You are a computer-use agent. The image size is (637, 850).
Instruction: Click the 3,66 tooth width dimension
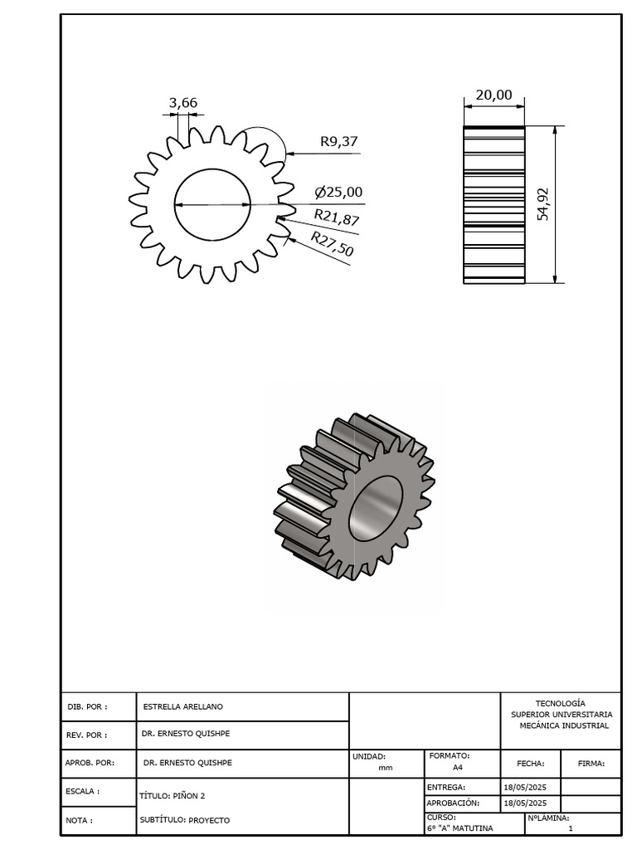pos(183,103)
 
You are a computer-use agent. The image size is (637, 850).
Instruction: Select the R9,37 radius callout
pos(338,141)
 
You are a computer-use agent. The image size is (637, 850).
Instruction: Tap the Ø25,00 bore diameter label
pos(338,193)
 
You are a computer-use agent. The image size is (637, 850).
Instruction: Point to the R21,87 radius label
pos(337,218)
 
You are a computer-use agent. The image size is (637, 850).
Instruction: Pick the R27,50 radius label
pos(332,245)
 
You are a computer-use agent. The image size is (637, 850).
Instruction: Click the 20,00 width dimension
pos(494,95)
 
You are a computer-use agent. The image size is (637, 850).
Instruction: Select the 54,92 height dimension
pos(543,204)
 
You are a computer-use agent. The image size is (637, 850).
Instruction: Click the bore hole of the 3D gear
pos(375,507)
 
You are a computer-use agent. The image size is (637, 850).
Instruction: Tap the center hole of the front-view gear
pos(212,204)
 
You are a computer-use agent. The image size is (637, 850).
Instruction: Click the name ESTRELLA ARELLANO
pos(182,707)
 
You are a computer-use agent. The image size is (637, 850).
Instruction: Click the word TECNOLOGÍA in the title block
pos(561,703)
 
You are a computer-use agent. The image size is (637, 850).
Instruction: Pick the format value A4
pos(446,768)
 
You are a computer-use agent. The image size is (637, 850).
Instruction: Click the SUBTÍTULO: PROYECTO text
pos(184,820)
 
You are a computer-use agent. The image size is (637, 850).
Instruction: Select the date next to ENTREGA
pos(524,787)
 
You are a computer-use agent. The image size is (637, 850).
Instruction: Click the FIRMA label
pos(591,764)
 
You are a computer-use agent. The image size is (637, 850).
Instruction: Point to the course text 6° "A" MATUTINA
pos(460,828)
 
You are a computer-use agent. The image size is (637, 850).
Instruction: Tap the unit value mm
pos(385,768)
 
